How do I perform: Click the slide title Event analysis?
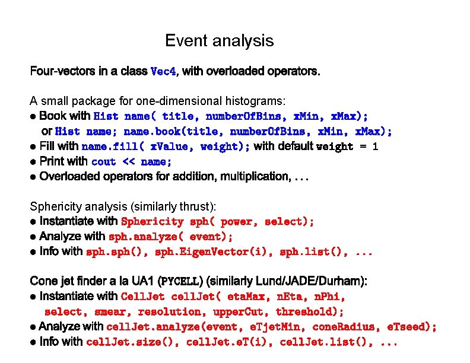[219, 41]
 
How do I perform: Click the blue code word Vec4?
[164, 72]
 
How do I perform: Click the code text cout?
[104, 161]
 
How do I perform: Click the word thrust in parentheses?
[200, 206]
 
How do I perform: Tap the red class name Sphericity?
[152, 222]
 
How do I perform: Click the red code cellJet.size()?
[133, 342]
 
